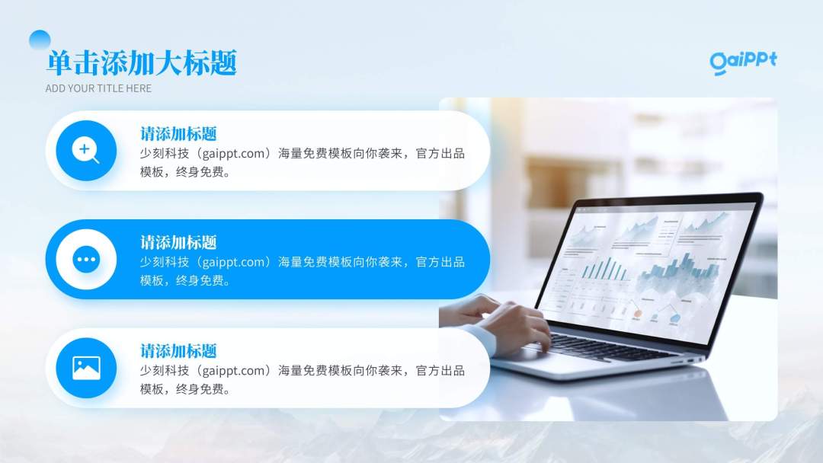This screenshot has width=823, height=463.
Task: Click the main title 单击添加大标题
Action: click(x=142, y=63)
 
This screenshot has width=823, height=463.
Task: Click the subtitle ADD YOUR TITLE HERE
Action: click(x=98, y=88)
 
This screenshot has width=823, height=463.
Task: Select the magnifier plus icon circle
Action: click(x=86, y=151)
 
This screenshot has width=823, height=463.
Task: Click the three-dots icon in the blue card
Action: click(x=86, y=260)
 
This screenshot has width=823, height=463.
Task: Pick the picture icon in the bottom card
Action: click(x=86, y=369)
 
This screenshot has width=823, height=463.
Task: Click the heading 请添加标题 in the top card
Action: click(x=178, y=134)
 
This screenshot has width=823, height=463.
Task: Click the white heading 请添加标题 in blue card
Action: click(x=178, y=243)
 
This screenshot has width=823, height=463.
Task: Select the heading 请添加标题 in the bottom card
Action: click(x=178, y=351)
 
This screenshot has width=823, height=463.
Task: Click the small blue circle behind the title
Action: click(x=40, y=40)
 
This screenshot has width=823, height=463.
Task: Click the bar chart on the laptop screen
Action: click(x=604, y=267)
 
